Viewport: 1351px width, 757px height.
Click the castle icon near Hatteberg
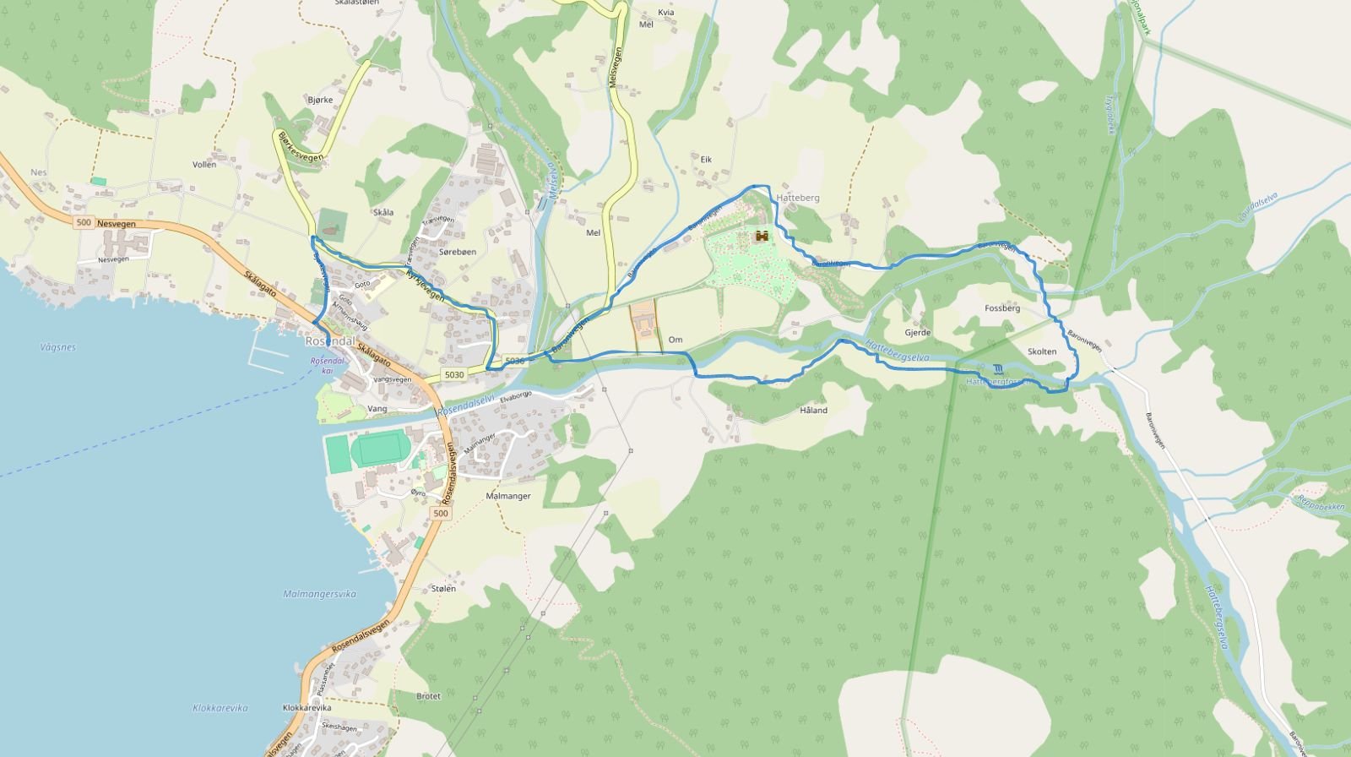coord(762,237)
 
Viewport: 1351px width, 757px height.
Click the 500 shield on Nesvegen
coord(83,223)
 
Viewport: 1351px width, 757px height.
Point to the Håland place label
coord(813,411)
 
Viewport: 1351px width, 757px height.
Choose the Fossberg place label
coord(1002,308)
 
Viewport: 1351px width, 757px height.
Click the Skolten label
coord(1042,351)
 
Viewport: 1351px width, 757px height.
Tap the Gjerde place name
coord(918,333)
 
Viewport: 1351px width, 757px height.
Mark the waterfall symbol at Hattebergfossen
coord(999,369)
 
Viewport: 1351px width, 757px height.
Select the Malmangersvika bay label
coord(319,594)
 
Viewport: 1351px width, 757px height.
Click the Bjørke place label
coord(321,100)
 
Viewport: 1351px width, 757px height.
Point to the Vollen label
coord(204,165)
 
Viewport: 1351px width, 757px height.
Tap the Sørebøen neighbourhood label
coord(458,252)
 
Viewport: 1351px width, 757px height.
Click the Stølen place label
coord(443,589)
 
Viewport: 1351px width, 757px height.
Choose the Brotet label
coord(428,696)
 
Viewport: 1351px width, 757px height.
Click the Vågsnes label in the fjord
coord(57,347)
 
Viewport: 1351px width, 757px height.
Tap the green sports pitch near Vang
coord(379,449)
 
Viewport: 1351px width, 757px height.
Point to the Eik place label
coord(706,159)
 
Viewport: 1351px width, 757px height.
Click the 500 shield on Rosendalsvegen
coord(441,514)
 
